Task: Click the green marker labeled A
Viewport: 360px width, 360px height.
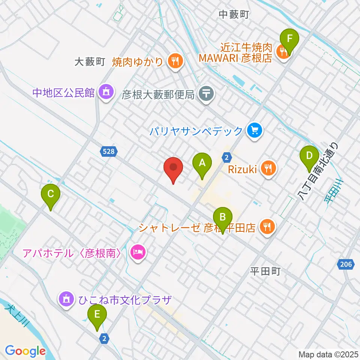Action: click(x=202, y=164)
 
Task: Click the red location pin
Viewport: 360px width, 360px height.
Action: click(x=173, y=168)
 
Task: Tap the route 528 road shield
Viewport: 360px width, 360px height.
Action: click(x=109, y=151)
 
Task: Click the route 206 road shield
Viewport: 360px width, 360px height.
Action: click(x=346, y=265)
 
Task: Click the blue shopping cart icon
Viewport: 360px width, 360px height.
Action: click(x=255, y=130)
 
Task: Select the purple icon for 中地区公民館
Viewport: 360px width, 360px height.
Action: click(x=105, y=91)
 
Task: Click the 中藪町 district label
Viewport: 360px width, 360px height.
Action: click(x=234, y=15)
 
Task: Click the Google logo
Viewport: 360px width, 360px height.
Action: click(x=25, y=351)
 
